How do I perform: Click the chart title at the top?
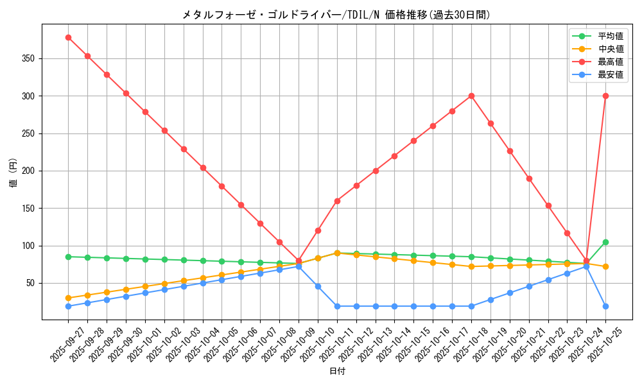pyautogui.click(x=336, y=15)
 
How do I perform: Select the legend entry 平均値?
pyautogui.click(x=611, y=37)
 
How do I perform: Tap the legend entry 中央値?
pyautogui.click(x=611, y=49)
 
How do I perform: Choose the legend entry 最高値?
pyautogui.click(x=611, y=62)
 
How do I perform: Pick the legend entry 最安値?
pyautogui.click(x=611, y=75)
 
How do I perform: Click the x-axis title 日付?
pyautogui.click(x=337, y=372)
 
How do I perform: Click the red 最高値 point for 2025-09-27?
pyautogui.click(x=68, y=37)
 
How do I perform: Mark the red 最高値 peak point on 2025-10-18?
pyautogui.click(x=471, y=96)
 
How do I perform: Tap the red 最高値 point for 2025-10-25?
pyautogui.click(x=605, y=96)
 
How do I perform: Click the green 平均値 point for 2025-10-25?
pyautogui.click(x=605, y=242)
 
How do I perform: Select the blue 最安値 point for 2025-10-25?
pyautogui.click(x=605, y=306)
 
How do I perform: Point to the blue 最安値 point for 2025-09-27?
pyautogui.click(x=68, y=306)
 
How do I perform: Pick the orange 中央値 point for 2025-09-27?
pyautogui.click(x=68, y=298)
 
